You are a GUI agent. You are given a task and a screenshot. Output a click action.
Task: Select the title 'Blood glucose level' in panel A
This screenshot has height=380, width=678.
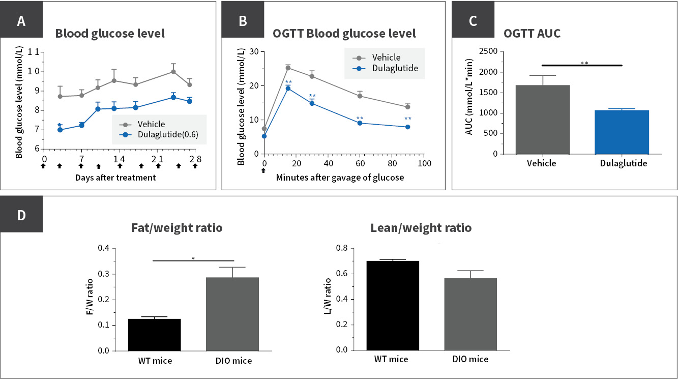110,34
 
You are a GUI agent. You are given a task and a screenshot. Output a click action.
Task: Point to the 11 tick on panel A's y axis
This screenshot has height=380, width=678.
34,52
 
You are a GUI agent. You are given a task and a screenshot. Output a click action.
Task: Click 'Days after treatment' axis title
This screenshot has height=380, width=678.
115,178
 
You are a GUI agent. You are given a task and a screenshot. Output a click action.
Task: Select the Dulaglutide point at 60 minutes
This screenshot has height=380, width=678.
360,123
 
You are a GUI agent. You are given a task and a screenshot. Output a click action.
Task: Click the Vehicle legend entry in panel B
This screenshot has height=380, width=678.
386,57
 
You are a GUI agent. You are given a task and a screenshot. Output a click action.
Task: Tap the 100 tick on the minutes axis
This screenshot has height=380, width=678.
424,163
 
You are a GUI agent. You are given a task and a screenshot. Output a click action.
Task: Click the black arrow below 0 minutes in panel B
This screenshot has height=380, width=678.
263,171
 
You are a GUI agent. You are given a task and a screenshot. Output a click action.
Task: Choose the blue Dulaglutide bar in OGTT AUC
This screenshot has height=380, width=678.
622,132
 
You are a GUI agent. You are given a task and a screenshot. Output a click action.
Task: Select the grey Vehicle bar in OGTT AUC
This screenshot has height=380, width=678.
542,119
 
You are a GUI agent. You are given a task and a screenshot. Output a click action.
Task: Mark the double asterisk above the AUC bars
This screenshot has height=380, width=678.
584,64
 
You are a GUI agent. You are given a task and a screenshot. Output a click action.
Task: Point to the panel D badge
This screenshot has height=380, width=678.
21,215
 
